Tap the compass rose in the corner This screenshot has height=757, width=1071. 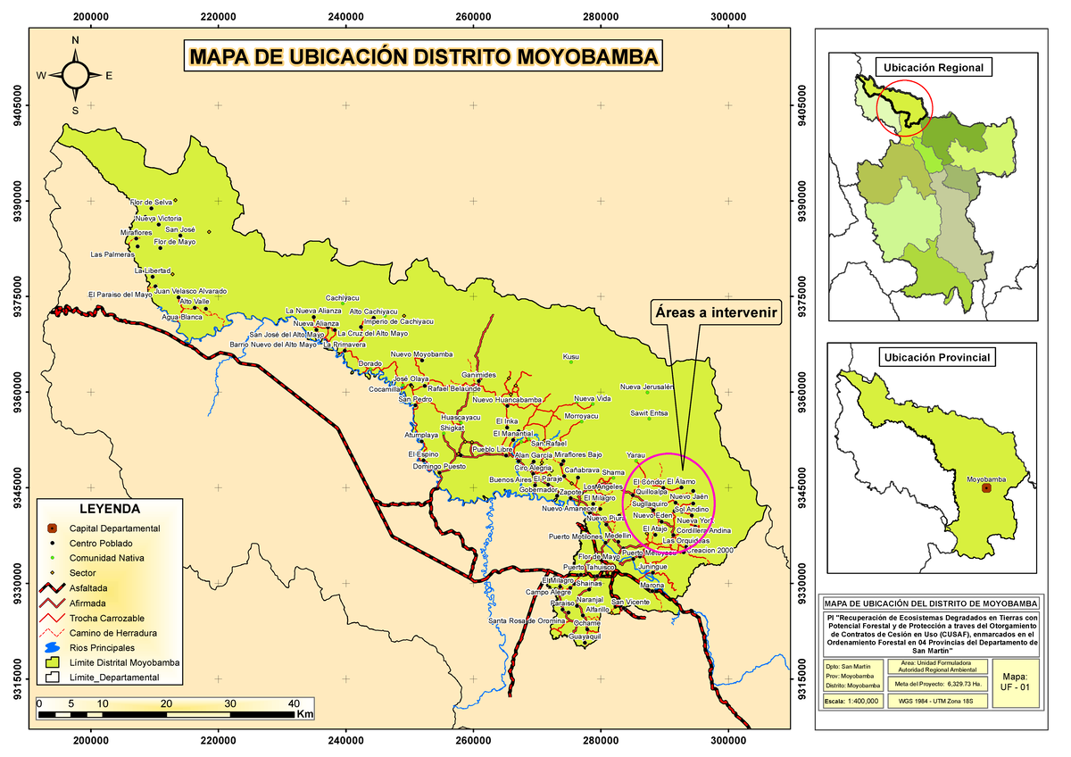[x=75, y=76]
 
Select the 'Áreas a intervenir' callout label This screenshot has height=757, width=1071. [x=714, y=313]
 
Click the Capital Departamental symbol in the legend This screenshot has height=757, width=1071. [x=53, y=528]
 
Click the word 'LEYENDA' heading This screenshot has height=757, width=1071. [x=109, y=509]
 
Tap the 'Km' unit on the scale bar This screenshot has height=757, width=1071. [x=304, y=714]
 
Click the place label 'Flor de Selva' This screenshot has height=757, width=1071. [x=151, y=203]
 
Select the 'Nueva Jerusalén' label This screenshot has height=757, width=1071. [x=646, y=387]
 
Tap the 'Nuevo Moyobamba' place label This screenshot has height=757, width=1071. [x=421, y=354]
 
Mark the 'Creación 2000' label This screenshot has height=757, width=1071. [x=711, y=551]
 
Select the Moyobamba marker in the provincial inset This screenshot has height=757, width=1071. [x=986, y=487]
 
